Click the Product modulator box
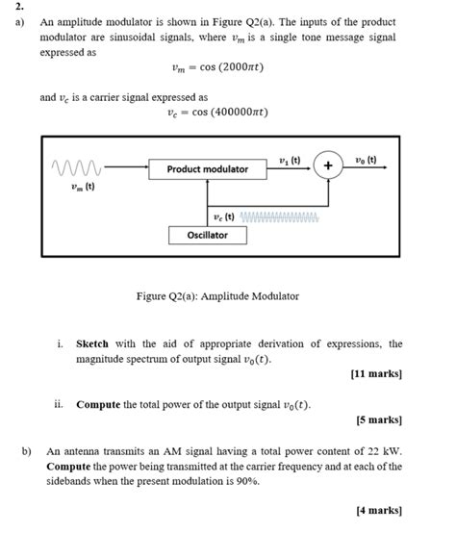click(x=207, y=168)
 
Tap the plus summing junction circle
click(x=328, y=166)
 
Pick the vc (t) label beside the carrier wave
click(x=223, y=216)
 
